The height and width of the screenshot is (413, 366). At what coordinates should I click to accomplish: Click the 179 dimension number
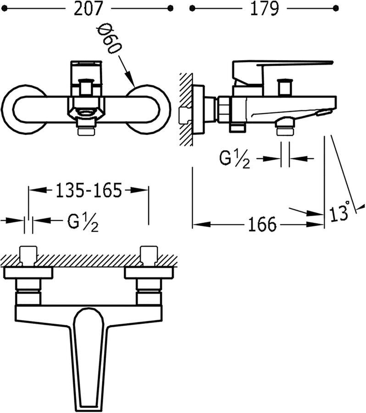(264, 8)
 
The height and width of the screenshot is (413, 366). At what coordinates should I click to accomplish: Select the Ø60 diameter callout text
(110, 40)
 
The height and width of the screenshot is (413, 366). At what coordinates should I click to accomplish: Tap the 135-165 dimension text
(89, 190)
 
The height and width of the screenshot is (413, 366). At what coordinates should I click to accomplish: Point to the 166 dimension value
(263, 225)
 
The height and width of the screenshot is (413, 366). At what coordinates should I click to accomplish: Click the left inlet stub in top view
(28, 255)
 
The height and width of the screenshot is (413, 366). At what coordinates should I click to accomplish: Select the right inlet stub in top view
(149, 255)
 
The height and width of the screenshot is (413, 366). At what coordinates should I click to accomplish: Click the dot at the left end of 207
(4, 8)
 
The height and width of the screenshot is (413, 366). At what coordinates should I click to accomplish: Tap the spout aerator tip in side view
(325, 112)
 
